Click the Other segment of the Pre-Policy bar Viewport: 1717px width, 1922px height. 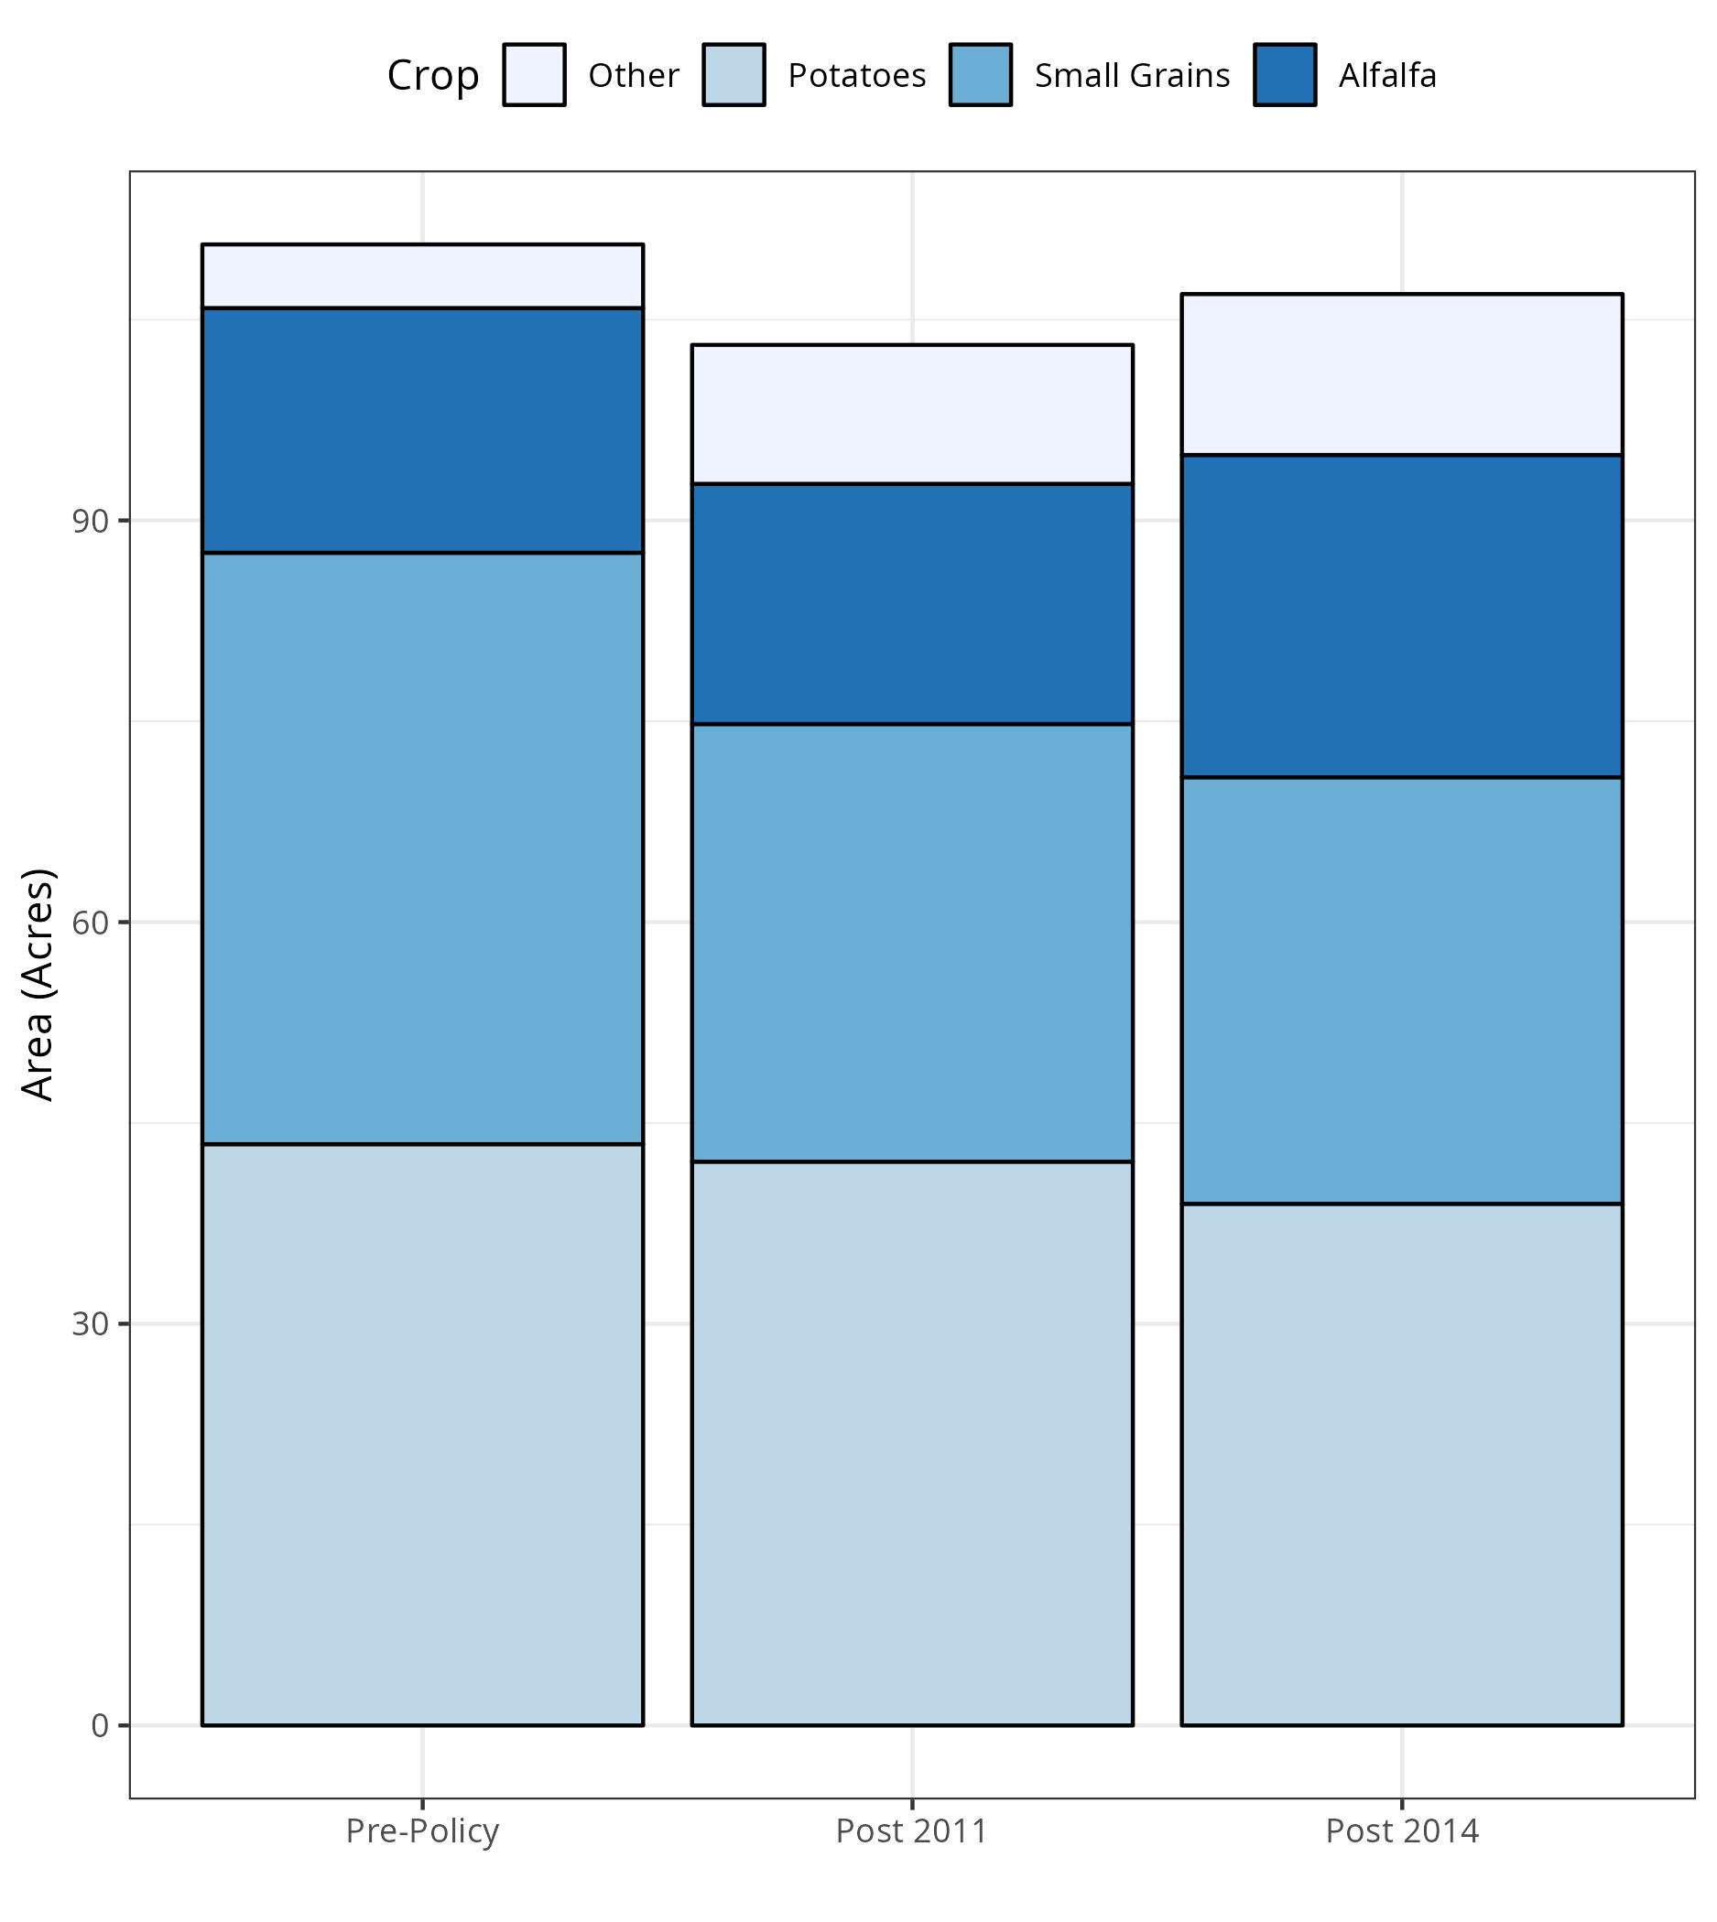(422, 275)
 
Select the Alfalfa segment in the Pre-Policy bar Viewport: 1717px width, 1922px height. (422, 430)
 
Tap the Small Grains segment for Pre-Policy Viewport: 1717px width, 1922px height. (422, 848)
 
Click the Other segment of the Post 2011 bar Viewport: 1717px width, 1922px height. (911, 414)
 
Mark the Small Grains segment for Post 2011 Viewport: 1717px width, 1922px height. (911, 942)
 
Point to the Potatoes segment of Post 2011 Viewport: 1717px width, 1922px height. (911, 1444)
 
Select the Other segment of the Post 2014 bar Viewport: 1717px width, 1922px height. (1401, 374)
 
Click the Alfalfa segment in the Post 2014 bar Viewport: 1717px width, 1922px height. (1401, 616)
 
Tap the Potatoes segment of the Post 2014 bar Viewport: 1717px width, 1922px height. (1401, 1464)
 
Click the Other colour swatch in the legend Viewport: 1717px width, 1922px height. (534, 74)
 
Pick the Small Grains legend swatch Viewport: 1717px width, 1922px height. (980, 74)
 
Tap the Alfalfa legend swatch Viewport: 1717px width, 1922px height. (1284, 74)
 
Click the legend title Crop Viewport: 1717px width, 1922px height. (433, 75)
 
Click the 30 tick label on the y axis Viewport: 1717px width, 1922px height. (90, 1324)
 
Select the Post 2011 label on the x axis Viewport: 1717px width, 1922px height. (911, 1830)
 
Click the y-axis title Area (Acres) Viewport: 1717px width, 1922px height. (38, 985)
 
